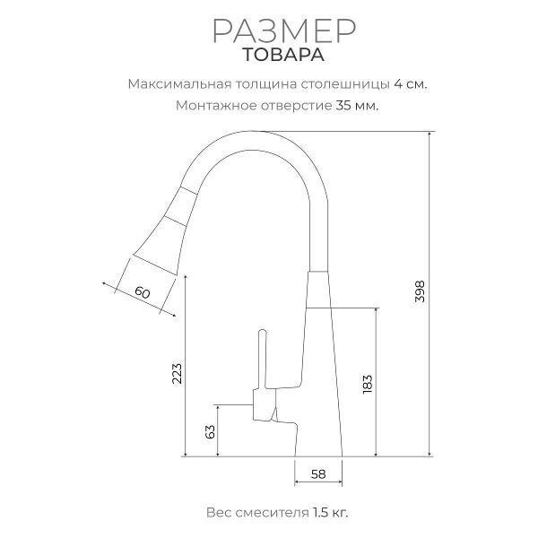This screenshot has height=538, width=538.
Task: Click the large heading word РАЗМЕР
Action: [x=284, y=30]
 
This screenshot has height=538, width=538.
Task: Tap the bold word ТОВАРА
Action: [x=283, y=55]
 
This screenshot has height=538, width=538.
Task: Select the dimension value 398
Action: [x=420, y=291]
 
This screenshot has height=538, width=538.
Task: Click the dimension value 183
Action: [x=367, y=384]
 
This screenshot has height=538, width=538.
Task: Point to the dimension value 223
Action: [x=177, y=373]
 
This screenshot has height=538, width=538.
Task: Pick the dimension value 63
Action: [x=210, y=431]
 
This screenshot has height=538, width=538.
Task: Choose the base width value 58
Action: [x=318, y=474]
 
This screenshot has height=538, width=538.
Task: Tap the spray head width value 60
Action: [x=143, y=292]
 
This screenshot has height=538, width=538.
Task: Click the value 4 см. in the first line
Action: [x=411, y=84]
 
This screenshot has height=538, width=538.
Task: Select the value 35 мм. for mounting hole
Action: [x=357, y=105]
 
